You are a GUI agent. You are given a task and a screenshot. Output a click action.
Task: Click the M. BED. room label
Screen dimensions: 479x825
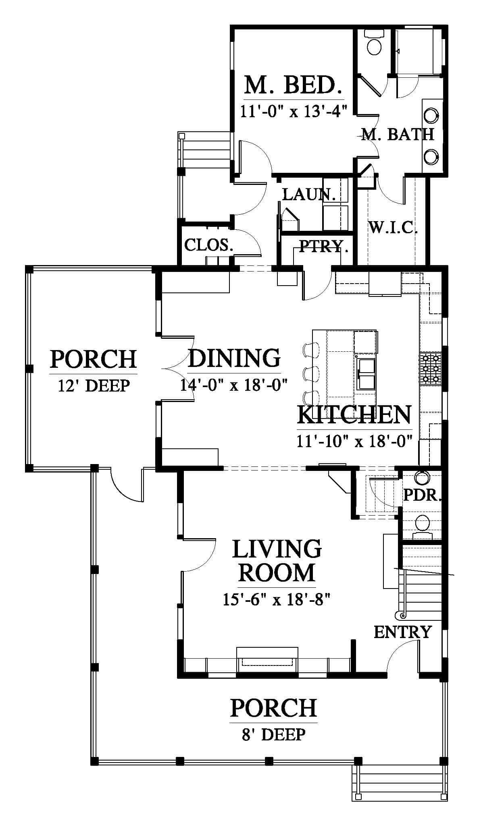[294, 85]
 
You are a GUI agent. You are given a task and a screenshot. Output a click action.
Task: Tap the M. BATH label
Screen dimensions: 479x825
[398, 134]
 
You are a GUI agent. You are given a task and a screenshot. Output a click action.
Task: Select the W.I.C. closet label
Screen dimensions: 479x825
[393, 228]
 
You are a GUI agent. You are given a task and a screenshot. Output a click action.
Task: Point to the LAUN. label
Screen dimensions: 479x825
[309, 194]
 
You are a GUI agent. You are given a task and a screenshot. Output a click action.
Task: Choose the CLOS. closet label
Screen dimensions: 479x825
[208, 245]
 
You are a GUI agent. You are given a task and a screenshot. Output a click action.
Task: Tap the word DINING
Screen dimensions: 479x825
[234, 358]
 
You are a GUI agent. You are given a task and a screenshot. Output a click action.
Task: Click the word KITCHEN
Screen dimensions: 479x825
[354, 415]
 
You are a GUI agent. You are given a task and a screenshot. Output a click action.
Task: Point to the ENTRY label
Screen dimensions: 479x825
[403, 632]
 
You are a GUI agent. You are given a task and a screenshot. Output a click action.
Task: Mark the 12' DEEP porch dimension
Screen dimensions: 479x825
[94, 386]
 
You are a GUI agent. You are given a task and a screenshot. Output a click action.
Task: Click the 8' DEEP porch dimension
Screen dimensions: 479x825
[273, 734]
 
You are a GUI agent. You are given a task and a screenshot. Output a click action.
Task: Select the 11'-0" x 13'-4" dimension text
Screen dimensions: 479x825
[294, 110]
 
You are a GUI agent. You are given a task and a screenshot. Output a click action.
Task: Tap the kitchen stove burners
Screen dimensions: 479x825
[431, 368]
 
